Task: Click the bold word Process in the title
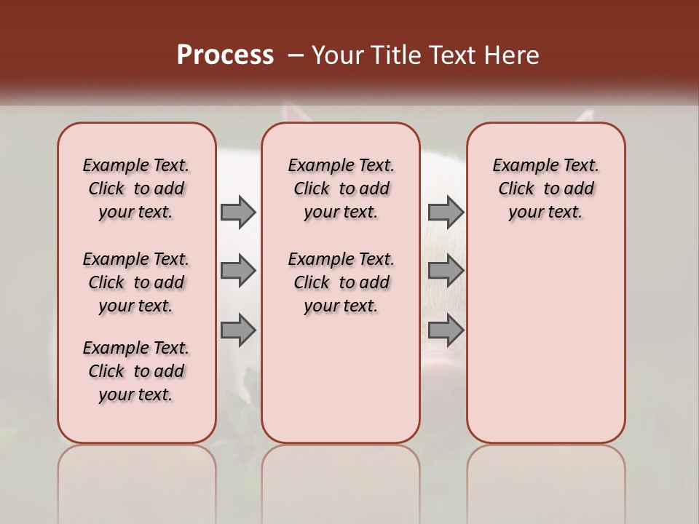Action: pos(225,55)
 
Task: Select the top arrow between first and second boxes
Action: pos(238,212)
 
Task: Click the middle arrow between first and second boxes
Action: pos(238,271)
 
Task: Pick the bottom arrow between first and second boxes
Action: pos(238,330)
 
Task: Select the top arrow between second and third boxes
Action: pos(446,212)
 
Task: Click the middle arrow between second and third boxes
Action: pos(446,271)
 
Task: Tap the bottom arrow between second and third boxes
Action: pos(446,330)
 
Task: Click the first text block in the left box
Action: pos(136,188)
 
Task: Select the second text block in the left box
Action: pos(136,282)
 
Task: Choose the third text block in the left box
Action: pos(136,371)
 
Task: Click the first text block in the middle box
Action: pos(341,188)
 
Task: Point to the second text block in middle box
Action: pos(341,282)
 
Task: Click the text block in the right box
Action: pos(545,188)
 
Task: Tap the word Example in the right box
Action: pos(519,166)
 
